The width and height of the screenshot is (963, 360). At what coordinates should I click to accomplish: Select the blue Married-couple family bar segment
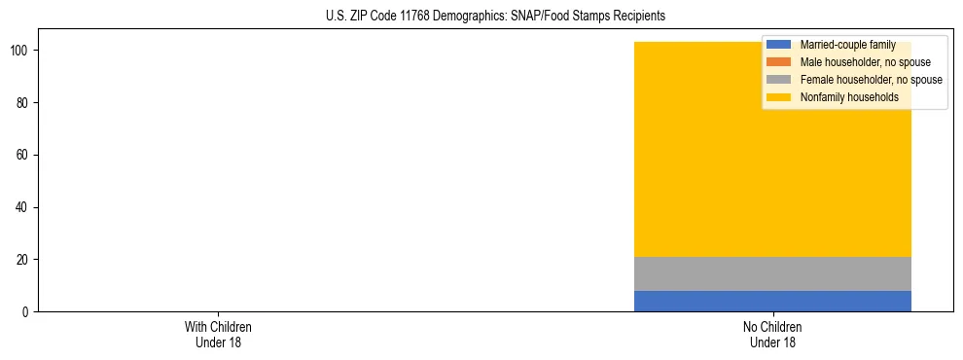(x=772, y=301)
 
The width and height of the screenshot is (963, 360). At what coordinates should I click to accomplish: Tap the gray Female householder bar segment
(x=772, y=273)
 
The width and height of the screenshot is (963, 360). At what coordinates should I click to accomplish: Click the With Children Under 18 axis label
(x=218, y=335)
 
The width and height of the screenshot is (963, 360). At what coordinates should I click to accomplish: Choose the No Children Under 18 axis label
(x=772, y=335)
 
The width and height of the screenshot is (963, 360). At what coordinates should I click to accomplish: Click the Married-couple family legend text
(x=847, y=45)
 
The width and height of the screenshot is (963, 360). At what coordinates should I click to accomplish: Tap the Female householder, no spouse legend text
(x=871, y=80)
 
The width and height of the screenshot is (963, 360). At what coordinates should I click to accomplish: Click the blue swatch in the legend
(x=779, y=45)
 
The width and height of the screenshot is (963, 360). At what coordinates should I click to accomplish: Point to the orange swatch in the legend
(x=779, y=62)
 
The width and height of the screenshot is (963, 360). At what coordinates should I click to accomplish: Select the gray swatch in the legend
(x=779, y=80)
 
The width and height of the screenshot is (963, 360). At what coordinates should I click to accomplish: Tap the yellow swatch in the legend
(x=779, y=97)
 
